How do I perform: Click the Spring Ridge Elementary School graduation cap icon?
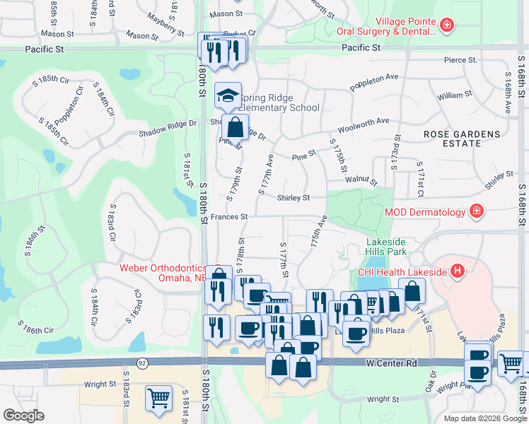[x=228, y=95]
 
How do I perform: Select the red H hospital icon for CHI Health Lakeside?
[x=458, y=270]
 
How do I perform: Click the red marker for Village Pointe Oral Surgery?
[x=446, y=27]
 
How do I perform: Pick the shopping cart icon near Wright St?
[x=158, y=397]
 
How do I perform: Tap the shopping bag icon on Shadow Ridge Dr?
[x=235, y=127]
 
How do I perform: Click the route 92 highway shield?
[x=142, y=363]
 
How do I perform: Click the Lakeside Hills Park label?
[x=387, y=245]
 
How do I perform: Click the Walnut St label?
[x=361, y=180]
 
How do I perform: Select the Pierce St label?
[x=460, y=61]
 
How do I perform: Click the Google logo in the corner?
[x=23, y=415]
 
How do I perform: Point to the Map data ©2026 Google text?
[x=485, y=418]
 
